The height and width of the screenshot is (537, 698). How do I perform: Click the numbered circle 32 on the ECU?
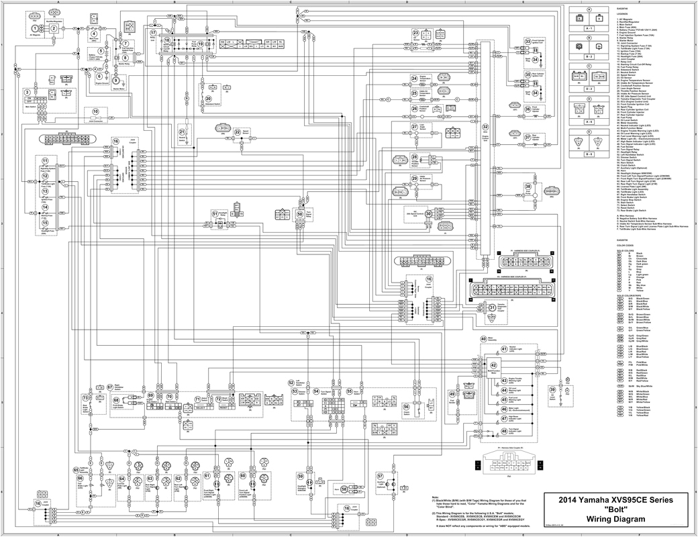coord(485,127)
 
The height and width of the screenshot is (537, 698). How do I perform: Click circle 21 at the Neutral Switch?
coord(182,132)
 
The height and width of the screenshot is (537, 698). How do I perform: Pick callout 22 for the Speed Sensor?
coord(237,132)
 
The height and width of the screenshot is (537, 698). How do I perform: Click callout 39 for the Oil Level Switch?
coord(552,389)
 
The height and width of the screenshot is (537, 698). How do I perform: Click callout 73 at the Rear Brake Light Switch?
coord(85,397)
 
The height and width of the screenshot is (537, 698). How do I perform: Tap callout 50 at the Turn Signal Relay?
coord(300,213)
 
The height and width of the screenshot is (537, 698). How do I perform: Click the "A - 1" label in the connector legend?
coord(589,30)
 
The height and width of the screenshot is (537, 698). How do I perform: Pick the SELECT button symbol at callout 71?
coord(200,407)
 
